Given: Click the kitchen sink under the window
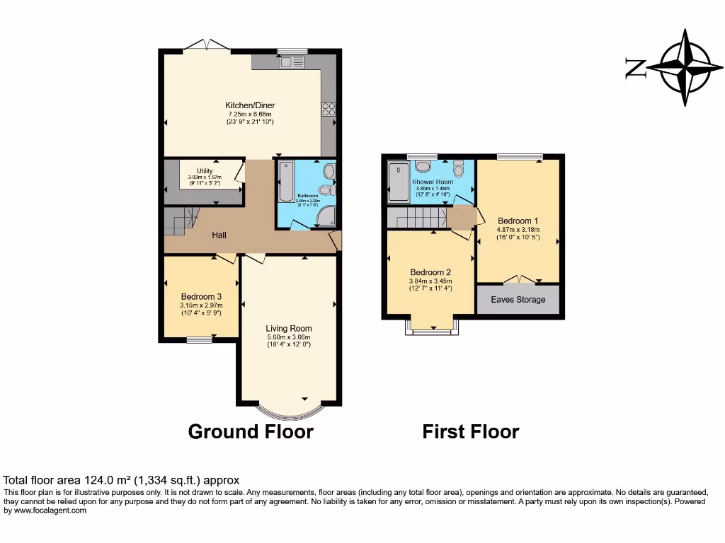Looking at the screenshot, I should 290,62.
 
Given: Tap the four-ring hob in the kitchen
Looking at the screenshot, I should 329,109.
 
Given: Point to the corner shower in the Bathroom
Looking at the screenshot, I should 326,218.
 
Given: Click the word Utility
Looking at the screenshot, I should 205,171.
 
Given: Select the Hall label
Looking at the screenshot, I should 219,235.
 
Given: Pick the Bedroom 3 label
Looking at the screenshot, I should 201,296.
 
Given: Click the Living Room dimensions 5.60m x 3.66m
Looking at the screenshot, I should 289,337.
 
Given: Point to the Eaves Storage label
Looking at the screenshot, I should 518,300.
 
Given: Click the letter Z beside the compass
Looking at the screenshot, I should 635,69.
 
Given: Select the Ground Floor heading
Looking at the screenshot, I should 251,431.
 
